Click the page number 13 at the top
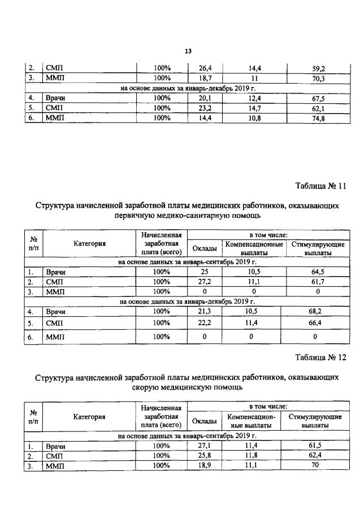(x=189, y=53)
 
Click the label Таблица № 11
(x=320, y=186)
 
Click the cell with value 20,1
(x=203, y=98)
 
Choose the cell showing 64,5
(x=318, y=272)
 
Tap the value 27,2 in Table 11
(x=203, y=282)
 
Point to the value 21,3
(x=203, y=311)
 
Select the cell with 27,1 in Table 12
(x=203, y=446)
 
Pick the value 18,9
(x=203, y=465)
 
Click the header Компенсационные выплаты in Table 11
(x=254, y=248)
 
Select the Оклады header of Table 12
(x=203, y=421)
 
